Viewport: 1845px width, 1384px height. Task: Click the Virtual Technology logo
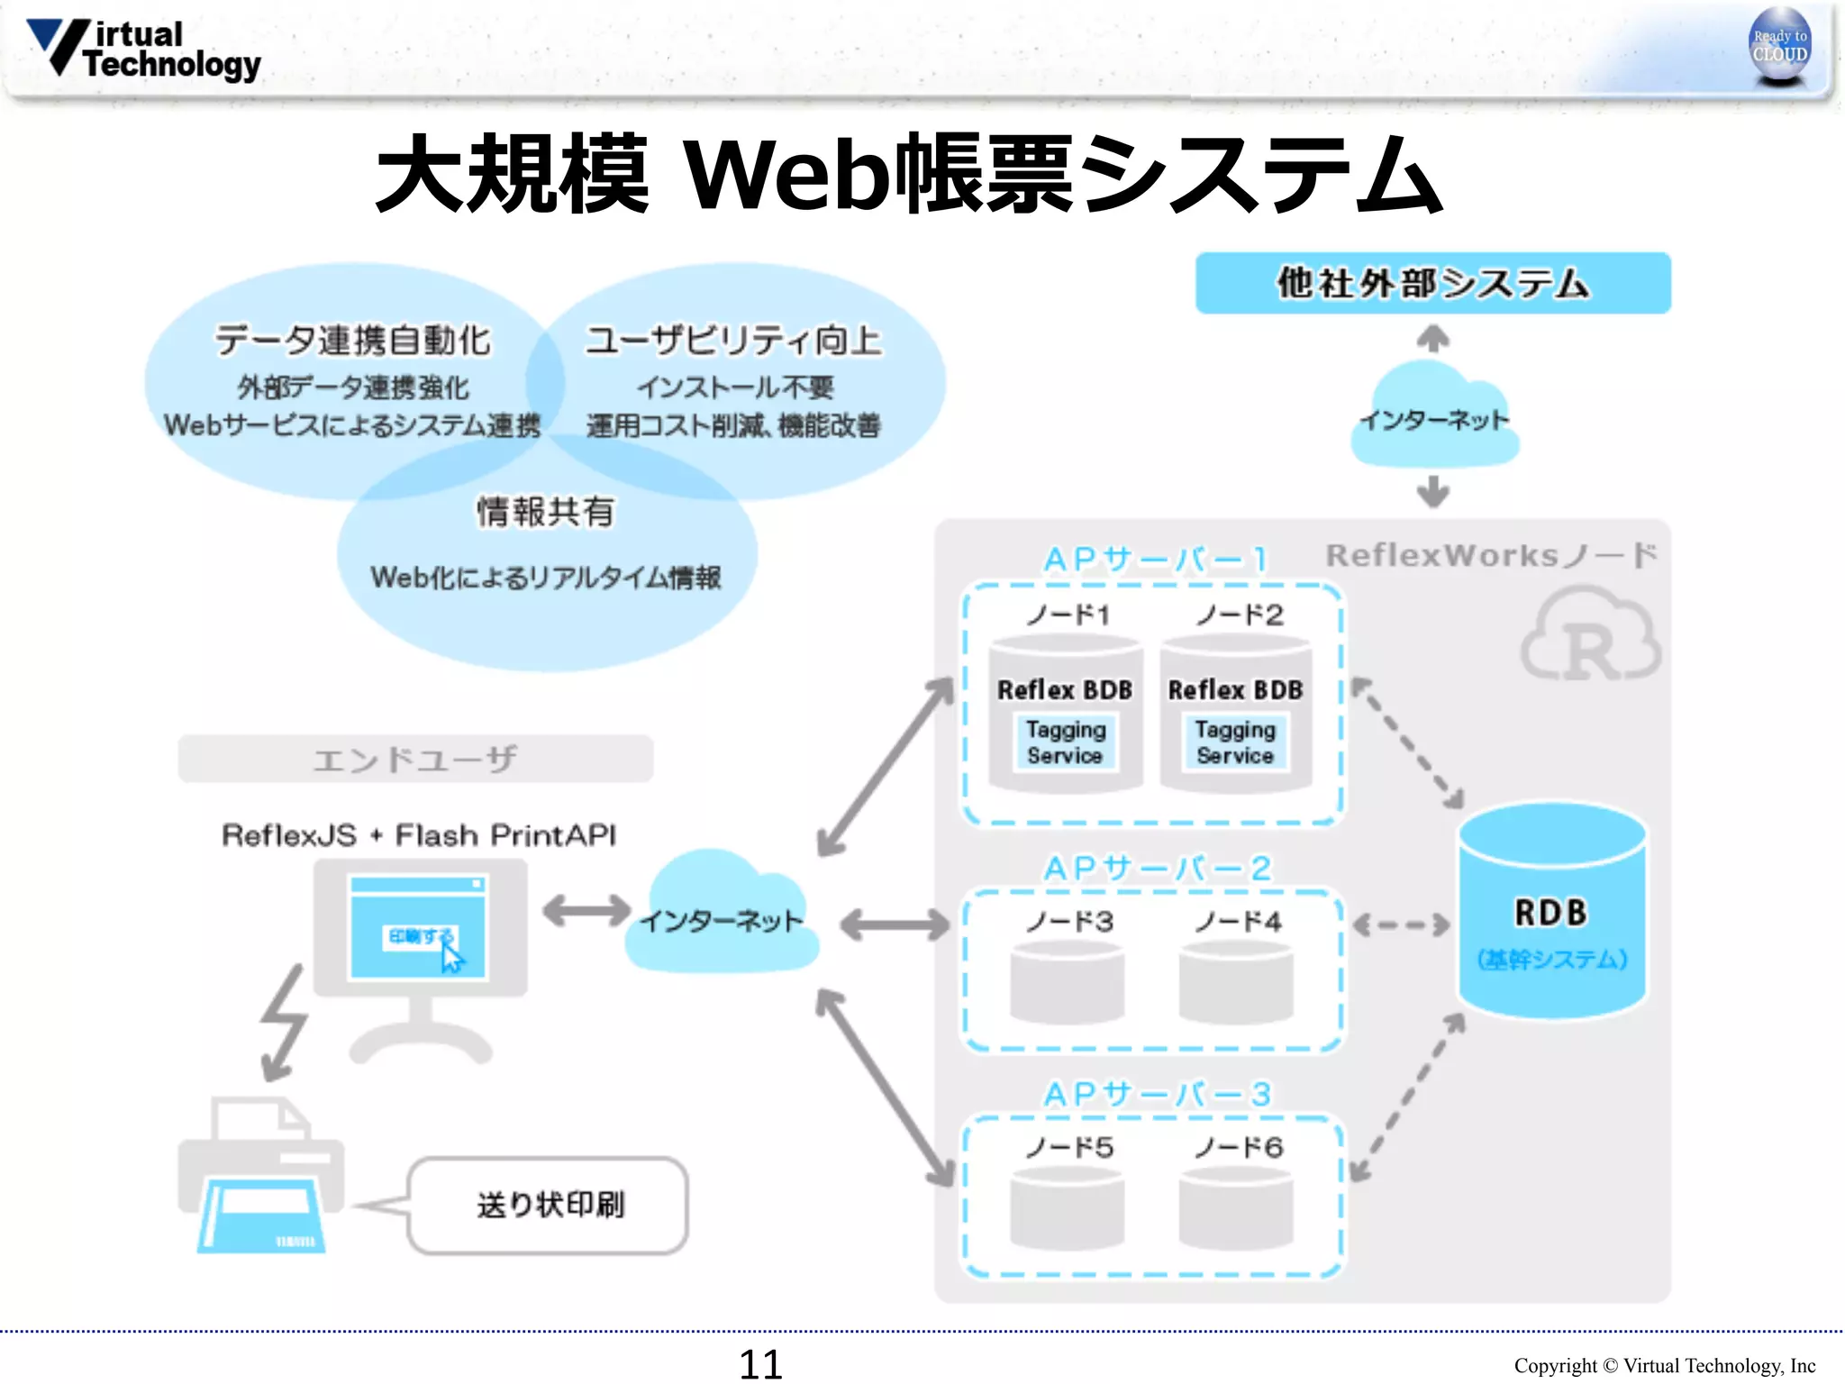coord(144,50)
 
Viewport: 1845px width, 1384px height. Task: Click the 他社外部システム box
coord(1432,283)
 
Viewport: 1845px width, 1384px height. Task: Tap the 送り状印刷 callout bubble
coord(549,1205)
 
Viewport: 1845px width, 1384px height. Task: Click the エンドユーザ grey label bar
coord(415,759)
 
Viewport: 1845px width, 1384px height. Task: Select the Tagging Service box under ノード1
coord(1065,742)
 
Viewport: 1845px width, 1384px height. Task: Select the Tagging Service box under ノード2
coord(1235,742)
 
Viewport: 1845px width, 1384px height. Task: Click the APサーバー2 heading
coord(1158,869)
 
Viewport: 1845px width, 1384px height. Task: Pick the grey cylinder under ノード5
coord(1067,1209)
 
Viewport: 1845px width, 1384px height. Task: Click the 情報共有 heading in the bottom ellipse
coord(546,512)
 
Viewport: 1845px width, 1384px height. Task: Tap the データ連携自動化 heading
coord(352,341)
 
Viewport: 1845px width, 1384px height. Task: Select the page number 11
coord(760,1364)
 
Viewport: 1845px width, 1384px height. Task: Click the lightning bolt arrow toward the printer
coord(284,1023)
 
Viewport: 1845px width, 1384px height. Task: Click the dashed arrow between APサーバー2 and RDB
coord(1401,925)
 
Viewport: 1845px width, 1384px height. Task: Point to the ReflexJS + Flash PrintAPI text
coord(419,835)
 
